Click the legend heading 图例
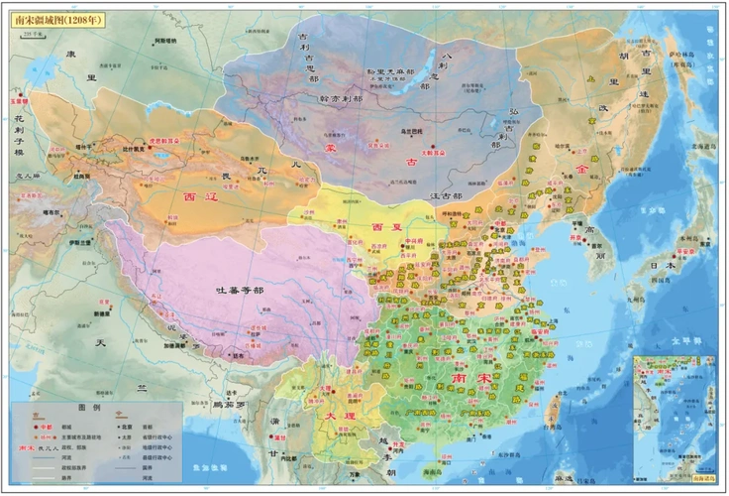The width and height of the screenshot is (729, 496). click(90, 408)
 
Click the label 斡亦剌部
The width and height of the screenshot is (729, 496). click(314, 98)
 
